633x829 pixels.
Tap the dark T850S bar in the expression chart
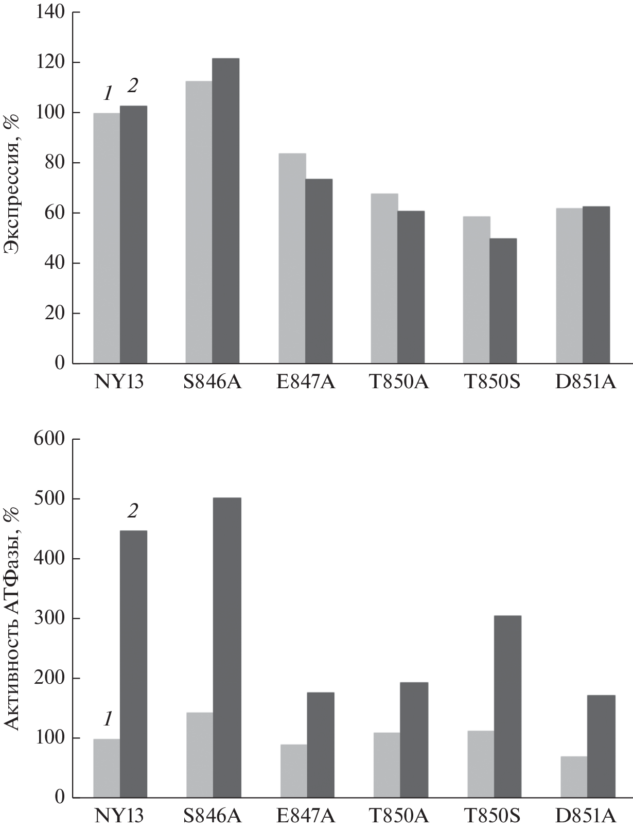coord(503,301)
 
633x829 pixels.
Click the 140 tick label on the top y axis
coord(50,12)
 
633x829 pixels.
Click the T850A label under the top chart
coord(398,384)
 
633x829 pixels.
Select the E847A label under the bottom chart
coord(306,816)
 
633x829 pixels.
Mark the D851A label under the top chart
coord(586,384)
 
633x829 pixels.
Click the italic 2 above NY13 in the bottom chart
coord(133,511)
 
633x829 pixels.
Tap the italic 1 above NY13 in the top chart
coord(108,94)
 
